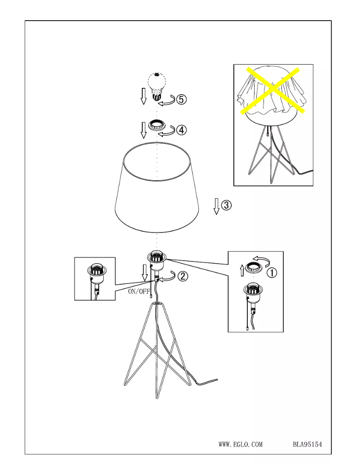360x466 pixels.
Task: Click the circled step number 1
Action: click(x=272, y=272)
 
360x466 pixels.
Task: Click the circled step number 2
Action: click(x=183, y=277)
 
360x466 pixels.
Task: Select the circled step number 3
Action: click(x=227, y=205)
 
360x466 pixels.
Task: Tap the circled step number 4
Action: click(x=181, y=130)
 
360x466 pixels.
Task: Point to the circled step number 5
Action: click(x=180, y=100)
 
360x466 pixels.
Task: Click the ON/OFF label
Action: click(x=139, y=291)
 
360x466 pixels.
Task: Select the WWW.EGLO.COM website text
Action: click(x=240, y=444)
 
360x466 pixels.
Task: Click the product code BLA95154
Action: click(x=307, y=444)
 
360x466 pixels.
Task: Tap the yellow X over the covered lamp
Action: click(x=273, y=90)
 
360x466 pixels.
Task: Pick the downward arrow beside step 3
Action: click(x=216, y=206)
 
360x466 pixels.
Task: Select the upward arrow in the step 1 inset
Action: click(x=242, y=270)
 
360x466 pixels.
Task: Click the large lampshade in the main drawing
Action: click(x=156, y=188)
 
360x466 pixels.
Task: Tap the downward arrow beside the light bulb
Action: click(x=144, y=96)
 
